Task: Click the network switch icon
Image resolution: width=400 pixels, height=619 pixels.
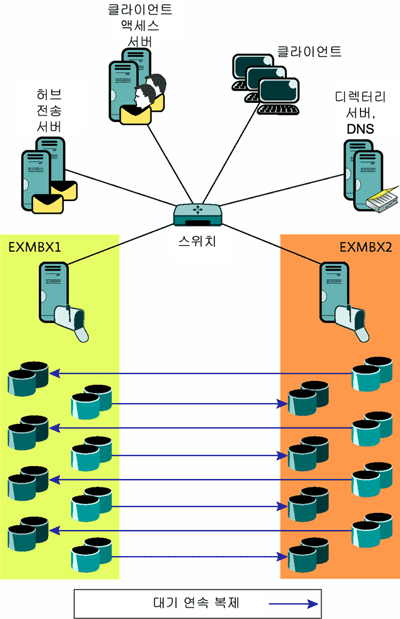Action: pos(197,215)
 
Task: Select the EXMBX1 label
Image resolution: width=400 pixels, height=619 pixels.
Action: pos(35,248)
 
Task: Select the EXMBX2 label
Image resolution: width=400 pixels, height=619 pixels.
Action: pos(366,248)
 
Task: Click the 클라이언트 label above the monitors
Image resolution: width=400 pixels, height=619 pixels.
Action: pos(309,51)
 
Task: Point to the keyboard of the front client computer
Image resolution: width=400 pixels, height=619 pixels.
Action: pos(278,109)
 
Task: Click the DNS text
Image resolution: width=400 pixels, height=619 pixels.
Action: pos(360,129)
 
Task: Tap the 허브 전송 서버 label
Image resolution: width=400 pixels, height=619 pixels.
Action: pos(49,111)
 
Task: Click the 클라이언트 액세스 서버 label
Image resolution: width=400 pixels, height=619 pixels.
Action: pos(140,26)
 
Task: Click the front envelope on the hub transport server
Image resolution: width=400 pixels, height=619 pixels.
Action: pos(47,204)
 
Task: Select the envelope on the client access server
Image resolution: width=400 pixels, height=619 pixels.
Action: pos(135,115)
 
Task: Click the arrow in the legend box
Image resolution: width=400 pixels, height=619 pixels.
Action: pos(293,604)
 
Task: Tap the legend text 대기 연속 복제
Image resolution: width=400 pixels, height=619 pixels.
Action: pos(196,603)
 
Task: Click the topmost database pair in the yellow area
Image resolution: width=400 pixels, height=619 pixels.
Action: pos(28,378)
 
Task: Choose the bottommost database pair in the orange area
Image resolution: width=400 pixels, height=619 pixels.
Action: pos(308,555)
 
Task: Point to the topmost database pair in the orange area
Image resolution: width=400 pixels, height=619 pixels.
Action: pos(372,374)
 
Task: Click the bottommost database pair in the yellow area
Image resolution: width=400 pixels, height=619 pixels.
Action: pos(91,555)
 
